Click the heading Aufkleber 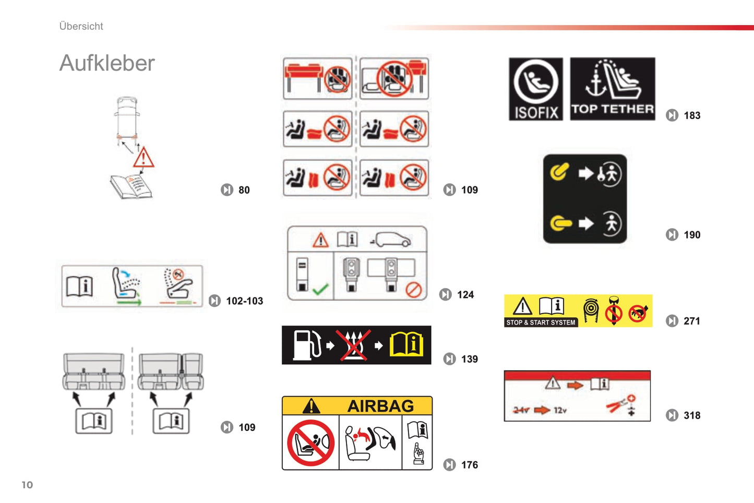[107, 63]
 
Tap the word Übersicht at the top [81, 26]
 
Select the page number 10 [27, 485]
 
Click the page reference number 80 [244, 190]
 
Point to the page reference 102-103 [244, 301]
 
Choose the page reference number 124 [465, 295]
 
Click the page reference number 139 [469, 359]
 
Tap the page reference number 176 [469, 465]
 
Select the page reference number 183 [692, 115]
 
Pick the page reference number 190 [692, 235]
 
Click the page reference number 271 [692, 321]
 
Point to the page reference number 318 [692, 415]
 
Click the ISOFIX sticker [536, 89]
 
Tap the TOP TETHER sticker [612, 89]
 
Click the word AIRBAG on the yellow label [380, 406]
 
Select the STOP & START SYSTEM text [541, 322]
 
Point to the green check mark [320, 289]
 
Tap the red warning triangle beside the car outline [143, 158]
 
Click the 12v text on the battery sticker [560, 410]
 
